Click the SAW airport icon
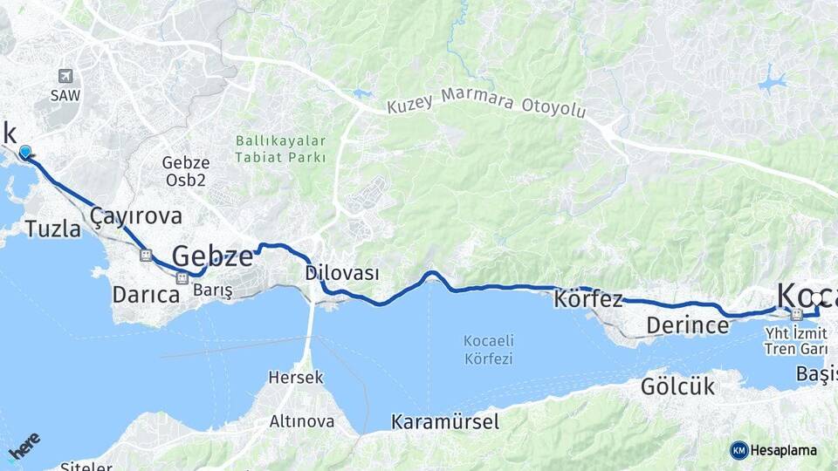65,77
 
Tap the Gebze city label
212,256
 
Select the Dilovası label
342,273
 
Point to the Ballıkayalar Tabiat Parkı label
279,149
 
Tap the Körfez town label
588,300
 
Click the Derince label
687,325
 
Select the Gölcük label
677,386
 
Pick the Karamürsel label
445,422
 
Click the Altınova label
301,421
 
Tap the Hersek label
296,378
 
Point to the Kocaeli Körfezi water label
488,351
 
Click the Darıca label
145,295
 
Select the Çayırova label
136,216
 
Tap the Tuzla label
52,229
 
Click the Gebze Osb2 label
186,171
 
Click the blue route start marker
25,153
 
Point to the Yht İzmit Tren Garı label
795,341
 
